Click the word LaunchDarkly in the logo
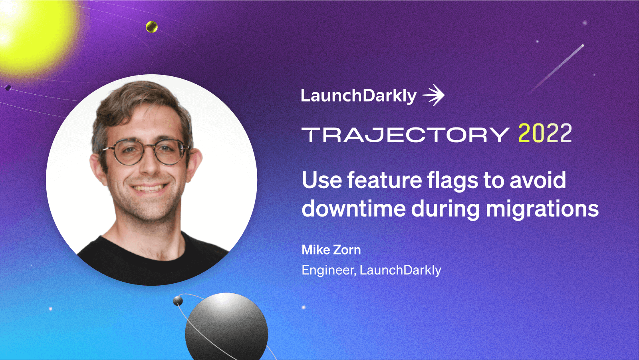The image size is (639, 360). pyautogui.click(x=358, y=96)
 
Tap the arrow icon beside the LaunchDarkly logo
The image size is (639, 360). pyautogui.click(x=434, y=95)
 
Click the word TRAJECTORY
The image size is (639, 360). pyautogui.click(x=405, y=135)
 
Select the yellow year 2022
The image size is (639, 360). pyautogui.click(x=545, y=133)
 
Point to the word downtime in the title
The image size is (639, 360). pyautogui.click(x=353, y=209)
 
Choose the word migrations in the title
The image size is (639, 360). pyautogui.click(x=542, y=209)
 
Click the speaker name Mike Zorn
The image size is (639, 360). pyautogui.click(x=331, y=250)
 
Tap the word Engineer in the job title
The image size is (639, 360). pyautogui.click(x=328, y=270)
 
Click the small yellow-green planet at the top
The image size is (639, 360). pyautogui.click(x=152, y=27)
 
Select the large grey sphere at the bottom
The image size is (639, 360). pyautogui.click(x=226, y=328)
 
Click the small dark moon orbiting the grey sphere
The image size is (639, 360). pyautogui.click(x=178, y=301)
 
